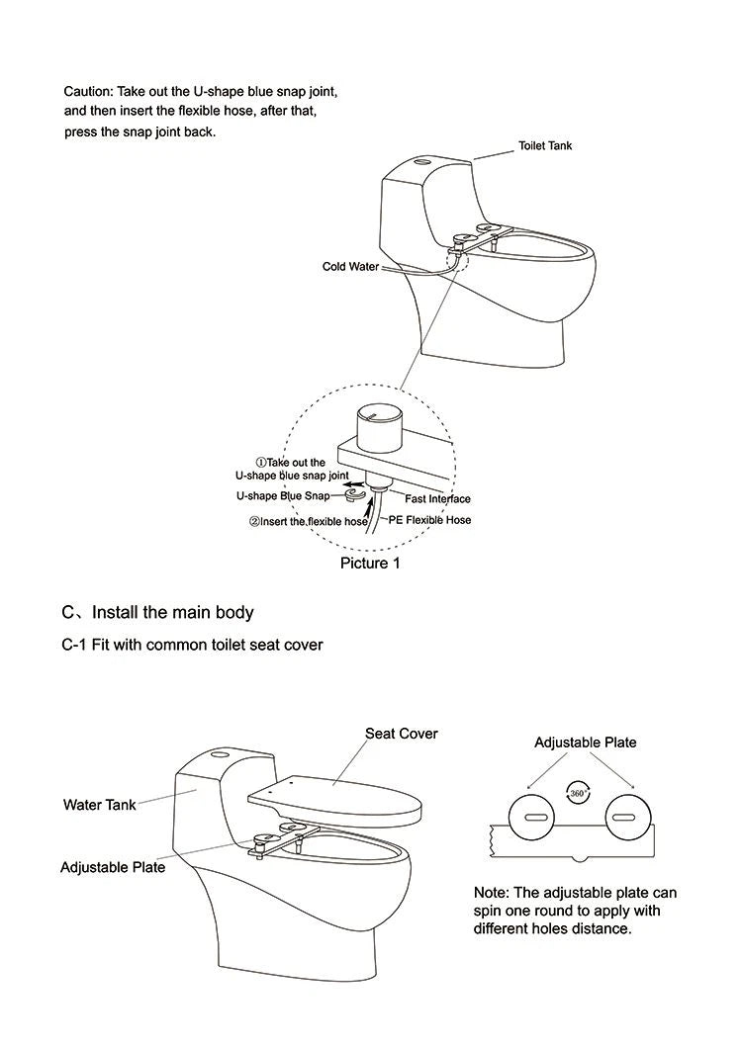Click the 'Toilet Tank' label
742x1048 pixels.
[545, 145]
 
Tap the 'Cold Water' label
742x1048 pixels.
[350, 267]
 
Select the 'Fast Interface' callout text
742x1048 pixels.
[437, 499]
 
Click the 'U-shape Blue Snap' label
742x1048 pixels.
[282, 496]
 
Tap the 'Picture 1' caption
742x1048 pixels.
[370, 563]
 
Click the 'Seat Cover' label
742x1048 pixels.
[401, 734]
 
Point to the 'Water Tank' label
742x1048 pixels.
[100, 805]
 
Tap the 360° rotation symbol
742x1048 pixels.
[579, 793]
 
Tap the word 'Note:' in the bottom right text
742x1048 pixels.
[492, 893]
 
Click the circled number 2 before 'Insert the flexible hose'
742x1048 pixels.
[253, 521]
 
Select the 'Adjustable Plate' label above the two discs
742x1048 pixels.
[586, 742]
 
